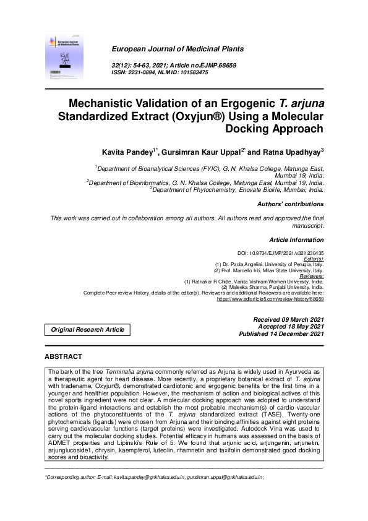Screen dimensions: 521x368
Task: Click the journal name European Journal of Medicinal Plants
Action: [177, 49]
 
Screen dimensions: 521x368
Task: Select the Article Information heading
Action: [296, 239]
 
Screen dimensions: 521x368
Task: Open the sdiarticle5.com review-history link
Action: [270, 299]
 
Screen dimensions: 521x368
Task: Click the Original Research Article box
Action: [87, 330]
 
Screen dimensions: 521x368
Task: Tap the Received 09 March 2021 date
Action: [288, 319]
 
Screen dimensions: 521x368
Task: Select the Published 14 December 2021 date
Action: [281, 334]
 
